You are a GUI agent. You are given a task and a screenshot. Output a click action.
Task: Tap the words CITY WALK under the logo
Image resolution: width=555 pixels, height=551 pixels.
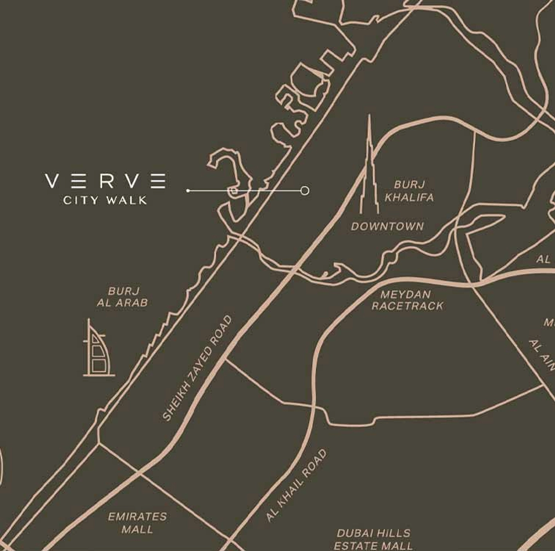(x=105, y=200)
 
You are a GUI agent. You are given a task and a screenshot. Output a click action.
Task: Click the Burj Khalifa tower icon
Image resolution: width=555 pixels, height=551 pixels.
(x=369, y=168)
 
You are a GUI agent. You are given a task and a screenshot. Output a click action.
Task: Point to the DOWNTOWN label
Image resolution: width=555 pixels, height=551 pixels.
(x=387, y=226)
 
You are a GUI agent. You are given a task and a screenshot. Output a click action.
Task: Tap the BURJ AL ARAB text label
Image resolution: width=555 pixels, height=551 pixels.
(x=122, y=296)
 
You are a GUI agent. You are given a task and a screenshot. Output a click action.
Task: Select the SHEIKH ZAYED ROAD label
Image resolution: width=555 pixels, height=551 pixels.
(x=197, y=367)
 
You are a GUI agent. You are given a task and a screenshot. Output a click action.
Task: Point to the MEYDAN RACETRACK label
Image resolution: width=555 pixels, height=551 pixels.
(x=407, y=300)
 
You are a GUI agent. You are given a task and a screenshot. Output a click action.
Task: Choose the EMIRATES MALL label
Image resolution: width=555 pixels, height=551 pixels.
(x=137, y=523)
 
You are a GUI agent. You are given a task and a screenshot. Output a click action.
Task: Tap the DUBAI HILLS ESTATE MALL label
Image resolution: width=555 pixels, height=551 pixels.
(x=373, y=539)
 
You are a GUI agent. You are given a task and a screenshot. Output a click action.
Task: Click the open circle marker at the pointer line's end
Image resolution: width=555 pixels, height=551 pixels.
(x=305, y=191)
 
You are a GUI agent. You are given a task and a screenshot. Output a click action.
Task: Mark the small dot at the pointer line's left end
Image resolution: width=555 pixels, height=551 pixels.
(x=188, y=191)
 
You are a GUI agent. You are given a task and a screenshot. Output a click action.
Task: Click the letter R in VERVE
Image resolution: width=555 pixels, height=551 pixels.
(x=107, y=181)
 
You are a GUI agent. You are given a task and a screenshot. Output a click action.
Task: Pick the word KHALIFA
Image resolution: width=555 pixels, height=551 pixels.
(x=409, y=197)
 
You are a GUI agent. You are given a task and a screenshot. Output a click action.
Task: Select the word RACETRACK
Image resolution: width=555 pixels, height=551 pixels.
(x=407, y=306)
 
